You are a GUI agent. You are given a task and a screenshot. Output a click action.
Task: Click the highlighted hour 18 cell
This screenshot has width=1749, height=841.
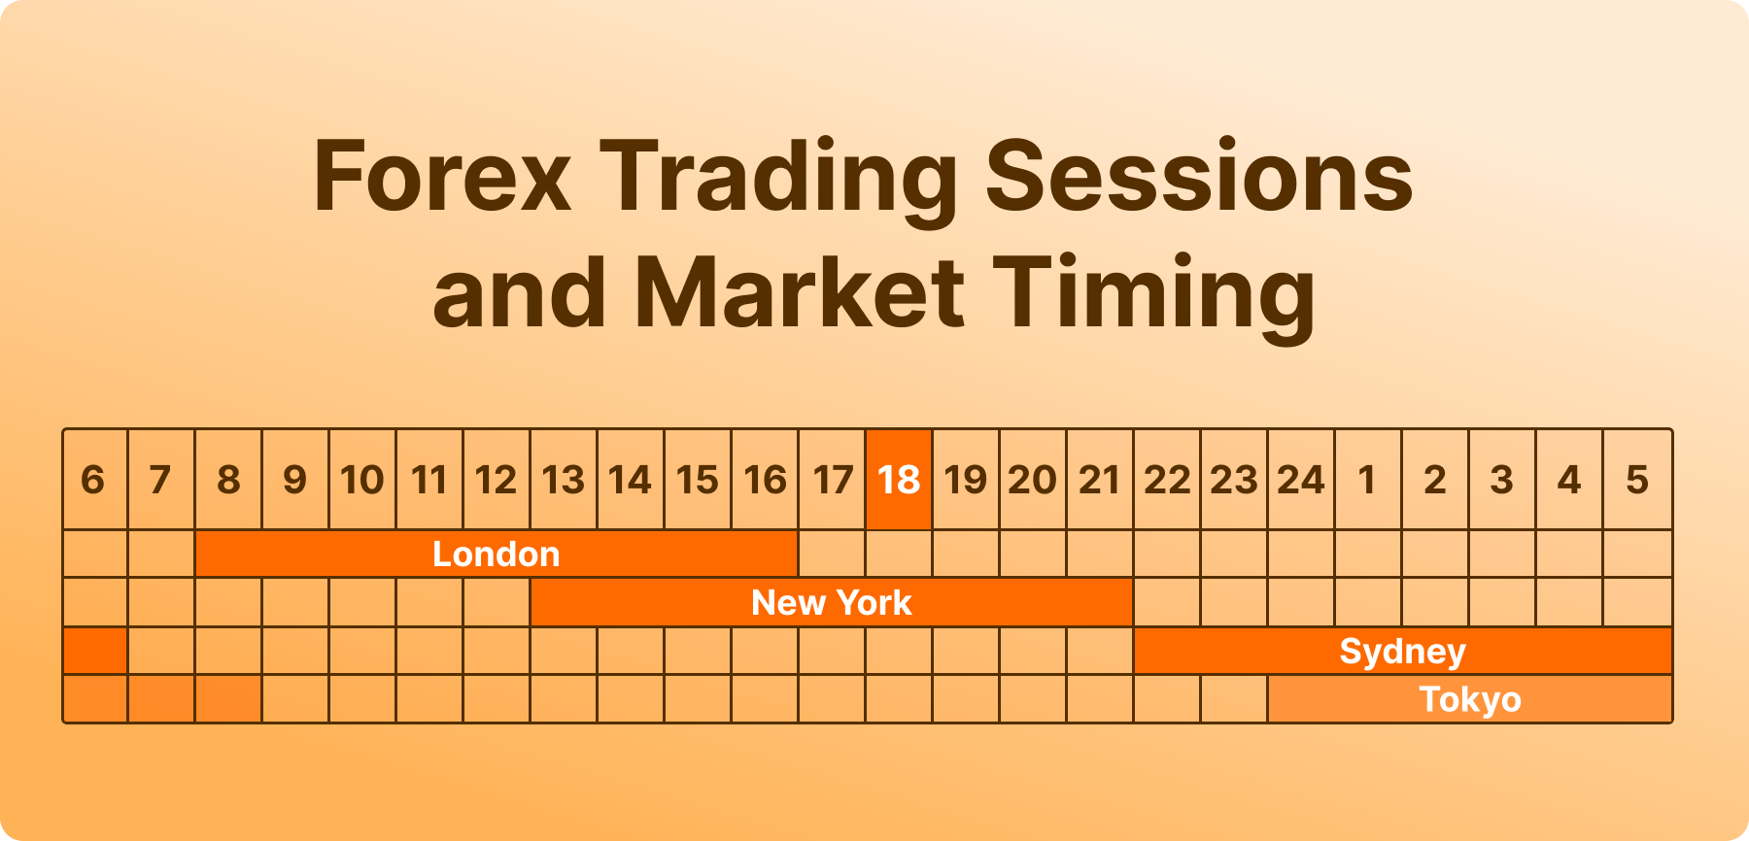[899, 480]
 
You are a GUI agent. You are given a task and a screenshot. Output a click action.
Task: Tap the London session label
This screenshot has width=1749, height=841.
[497, 554]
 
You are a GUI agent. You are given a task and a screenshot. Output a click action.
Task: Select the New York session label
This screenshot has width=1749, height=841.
[832, 602]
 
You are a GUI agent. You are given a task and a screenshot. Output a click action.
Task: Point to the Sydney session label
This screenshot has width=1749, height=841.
[1402, 652]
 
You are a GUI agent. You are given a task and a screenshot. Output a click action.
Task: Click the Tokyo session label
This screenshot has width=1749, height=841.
[1470, 699]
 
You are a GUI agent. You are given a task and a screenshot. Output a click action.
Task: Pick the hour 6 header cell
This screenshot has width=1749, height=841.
[95, 480]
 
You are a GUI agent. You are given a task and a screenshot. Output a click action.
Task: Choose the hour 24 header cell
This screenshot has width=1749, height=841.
[1302, 480]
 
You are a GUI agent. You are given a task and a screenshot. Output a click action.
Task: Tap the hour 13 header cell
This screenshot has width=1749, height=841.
[564, 480]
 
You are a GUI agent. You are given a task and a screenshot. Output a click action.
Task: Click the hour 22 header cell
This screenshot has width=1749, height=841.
[1167, 480]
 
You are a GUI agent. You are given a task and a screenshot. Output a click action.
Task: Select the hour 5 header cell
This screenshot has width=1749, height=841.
[1637, 480]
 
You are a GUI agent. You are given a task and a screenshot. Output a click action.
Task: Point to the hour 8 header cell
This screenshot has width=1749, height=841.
[228, 480]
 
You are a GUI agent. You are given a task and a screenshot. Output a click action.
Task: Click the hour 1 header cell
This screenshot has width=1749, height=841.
[1368, 480]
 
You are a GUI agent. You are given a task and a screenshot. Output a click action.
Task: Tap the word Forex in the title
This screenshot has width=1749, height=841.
[443, 177]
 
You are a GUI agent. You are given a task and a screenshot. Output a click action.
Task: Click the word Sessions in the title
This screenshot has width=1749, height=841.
[1199, 177]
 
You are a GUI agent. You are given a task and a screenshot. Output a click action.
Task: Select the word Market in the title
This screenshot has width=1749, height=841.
[800, 292]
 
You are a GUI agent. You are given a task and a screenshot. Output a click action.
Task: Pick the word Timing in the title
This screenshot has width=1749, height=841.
[1154, 296]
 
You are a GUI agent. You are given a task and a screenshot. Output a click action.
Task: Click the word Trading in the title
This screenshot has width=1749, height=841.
[779, 181]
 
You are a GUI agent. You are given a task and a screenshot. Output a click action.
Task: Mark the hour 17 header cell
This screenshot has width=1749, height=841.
[832, 480]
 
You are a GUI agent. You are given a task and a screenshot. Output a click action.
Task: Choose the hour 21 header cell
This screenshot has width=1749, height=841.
[1100, 480]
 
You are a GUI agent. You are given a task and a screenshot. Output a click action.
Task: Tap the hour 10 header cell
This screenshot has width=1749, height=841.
[362, 480]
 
